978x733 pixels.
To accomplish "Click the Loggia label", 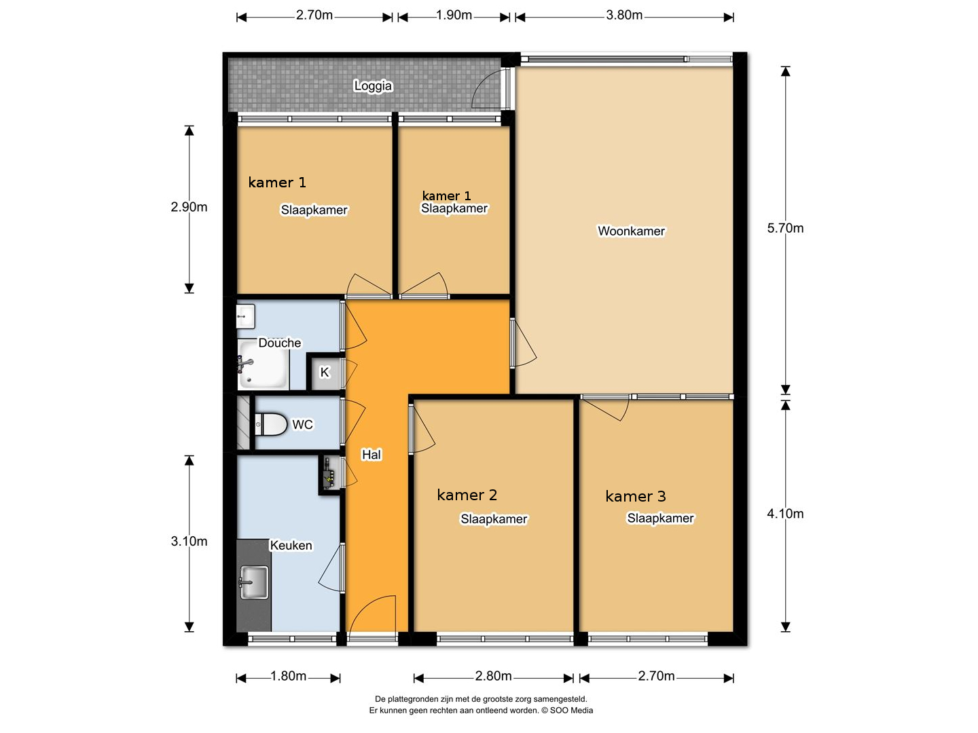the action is (x=372, y=86).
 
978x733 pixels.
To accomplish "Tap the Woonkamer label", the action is (x=631, y=231).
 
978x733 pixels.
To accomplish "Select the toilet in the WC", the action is (x=270, y=424).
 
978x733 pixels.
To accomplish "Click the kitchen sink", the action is (x=254, y=582).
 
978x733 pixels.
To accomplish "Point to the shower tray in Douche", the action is (x=263, y=364).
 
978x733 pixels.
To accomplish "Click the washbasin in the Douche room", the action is (x=245, y=316).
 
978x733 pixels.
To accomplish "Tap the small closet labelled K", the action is (x=325, y=372).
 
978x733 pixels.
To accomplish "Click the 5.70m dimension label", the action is (x=785, y=228).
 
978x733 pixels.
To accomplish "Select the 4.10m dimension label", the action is (x=785, y=514).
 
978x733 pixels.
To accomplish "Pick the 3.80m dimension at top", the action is (x=623, y=15).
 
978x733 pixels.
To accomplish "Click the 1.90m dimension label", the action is (x=454, y=15).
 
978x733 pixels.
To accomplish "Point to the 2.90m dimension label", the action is (x=189, y=207).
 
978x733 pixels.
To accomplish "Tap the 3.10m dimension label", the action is (x=189, y=541).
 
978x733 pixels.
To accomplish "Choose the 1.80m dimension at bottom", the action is (x=288, y=676).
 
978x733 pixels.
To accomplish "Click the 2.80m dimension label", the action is (x=493, y=676).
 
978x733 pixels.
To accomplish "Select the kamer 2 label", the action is (x=467, y=495).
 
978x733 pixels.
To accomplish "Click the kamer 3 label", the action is (x=636, y=496).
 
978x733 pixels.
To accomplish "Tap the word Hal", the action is (x=371, y=455).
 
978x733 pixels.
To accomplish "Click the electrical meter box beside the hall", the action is (x=329, y=474).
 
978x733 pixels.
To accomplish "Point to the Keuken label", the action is (x=291, y=545).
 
